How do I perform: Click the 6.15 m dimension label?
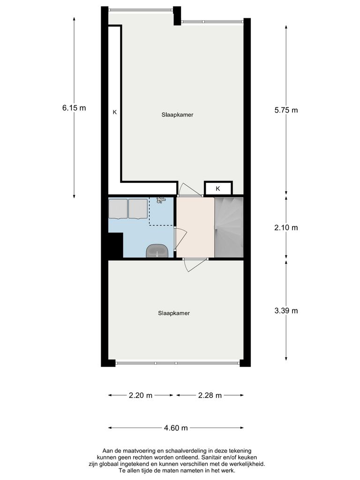click(74, 108)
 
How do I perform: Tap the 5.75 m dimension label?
click(286, 111)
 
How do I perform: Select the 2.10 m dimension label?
click(286, 228)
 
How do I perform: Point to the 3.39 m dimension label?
click(286, 310)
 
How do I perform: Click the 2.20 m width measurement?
click(141, 395)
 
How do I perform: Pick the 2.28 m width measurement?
click(210, 395)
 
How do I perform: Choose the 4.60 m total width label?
click(176, 427)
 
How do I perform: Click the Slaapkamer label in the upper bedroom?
click(178, 114)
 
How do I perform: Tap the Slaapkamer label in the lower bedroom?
click(174, 313)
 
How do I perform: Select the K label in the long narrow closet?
click(114, 112)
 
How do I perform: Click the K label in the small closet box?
click(218, 188)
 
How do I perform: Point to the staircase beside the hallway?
click(229, 227)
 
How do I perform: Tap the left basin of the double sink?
click(118, 209)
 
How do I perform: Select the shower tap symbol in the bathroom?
click(161, 200)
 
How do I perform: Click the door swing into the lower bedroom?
click(194, 265)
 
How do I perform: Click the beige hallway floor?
click(195, 227)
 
